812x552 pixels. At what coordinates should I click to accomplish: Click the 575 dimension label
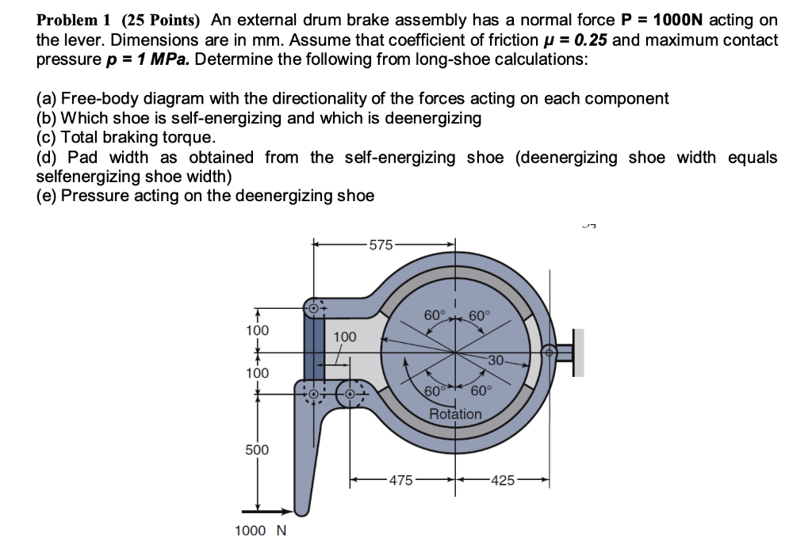coord(381,246)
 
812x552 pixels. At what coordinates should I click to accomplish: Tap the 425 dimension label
coord(504,480)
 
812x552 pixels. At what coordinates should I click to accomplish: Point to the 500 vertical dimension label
coord(256,450)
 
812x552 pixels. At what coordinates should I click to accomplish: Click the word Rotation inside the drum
coord(455,414)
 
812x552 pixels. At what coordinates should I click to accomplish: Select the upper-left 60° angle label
coord(435,315)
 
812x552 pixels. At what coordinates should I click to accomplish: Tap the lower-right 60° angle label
coord(481,390)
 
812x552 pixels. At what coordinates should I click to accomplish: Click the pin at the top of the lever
coord(314,306)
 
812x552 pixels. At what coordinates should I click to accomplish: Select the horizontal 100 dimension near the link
coord(344,337)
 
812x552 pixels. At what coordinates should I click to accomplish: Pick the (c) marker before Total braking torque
coord(46,136)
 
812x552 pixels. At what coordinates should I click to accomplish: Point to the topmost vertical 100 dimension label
coord(256,329)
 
